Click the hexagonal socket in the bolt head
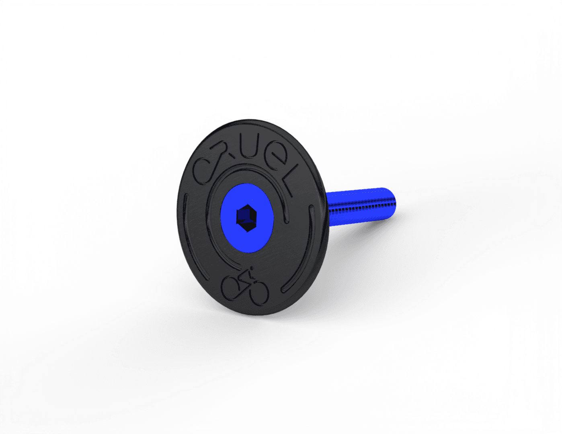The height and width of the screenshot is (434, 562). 247,218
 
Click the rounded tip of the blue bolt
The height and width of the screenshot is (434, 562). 393,202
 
